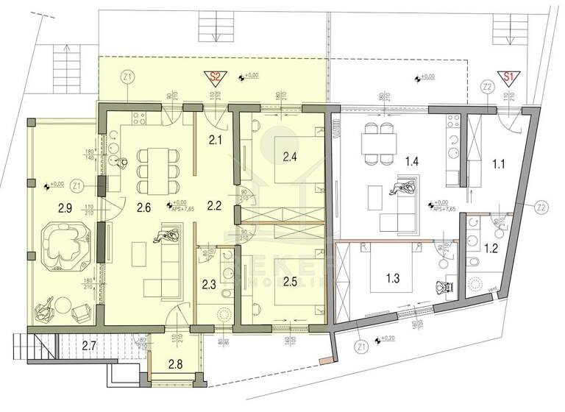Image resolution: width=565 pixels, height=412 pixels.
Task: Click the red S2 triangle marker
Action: click(x=216, y=77)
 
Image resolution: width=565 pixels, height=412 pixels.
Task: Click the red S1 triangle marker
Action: click(x=507, y=77)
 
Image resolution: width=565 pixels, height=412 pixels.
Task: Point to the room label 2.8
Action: click(x=175, y=363)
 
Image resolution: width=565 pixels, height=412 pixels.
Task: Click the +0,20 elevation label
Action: click(x=387, y=339)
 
